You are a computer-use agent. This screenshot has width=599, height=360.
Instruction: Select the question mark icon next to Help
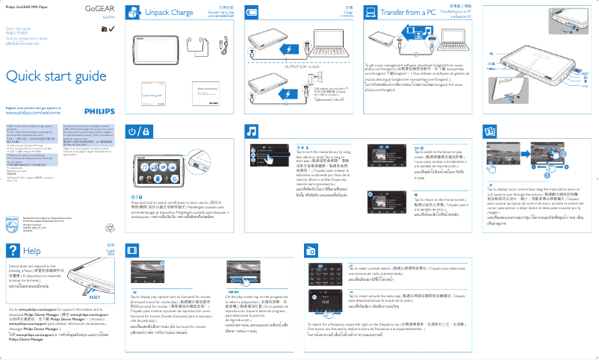12,251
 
